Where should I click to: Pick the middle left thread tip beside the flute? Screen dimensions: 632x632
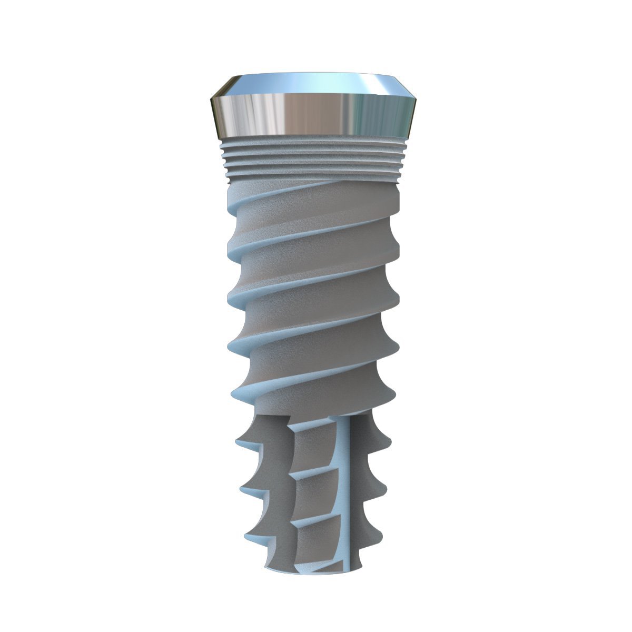243,490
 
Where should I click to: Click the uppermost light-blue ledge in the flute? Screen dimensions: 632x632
311,427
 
